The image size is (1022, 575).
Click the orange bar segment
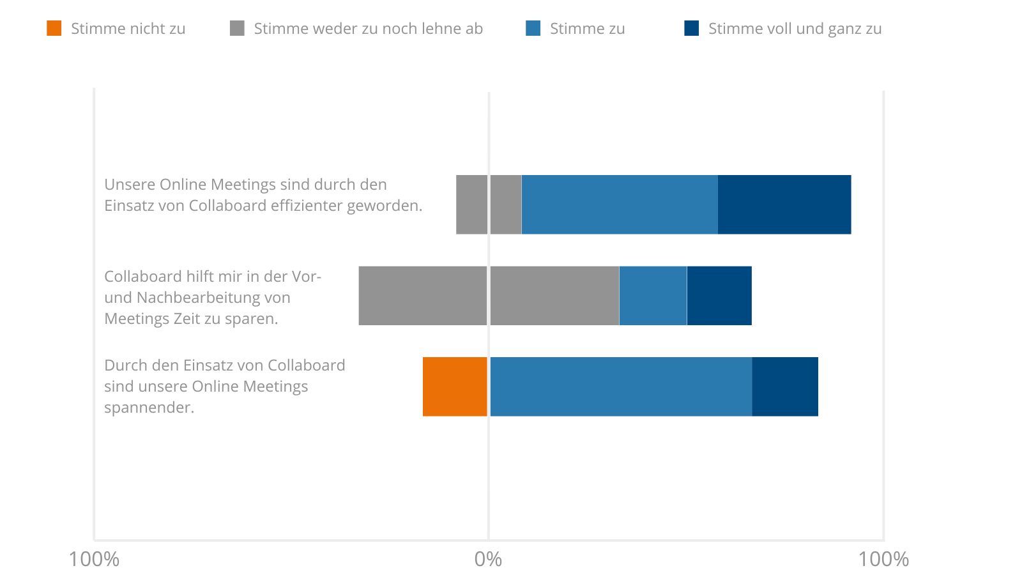pyautogui.click(x=455, y=387)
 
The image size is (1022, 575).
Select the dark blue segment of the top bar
pyautogui.click(x=784, y=204)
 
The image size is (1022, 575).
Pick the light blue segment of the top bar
pyautogui.click(x=619, y=204)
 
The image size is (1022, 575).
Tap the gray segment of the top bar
pyautogui.click(x=489, y=204)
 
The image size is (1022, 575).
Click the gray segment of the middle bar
pyautogui.click(x=489, y=296)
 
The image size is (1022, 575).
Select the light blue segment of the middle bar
pyautogui.click(x=653, y=296)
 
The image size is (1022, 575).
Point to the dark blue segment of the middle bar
pyautogui.click(x=719, y=296)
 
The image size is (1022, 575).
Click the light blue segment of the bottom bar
pyautogui.click(x=620, y=387)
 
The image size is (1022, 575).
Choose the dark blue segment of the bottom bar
pyautogui.click(x=784, y=387)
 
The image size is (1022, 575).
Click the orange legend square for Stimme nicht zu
pyautogui.click(x=54, y=28)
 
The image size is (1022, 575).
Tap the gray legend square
pyautogui.click(x=237, y=28)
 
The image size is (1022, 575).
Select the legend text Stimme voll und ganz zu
pyautogui.click(x=795, y=29)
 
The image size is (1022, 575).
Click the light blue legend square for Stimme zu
pyautogui.click(x=533, y=28)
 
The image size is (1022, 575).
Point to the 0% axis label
pyautogui.click(x=488, y=559)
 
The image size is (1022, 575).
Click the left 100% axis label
pyautogui.click(x=94, y=559)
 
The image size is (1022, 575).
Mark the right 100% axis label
pyautogui.click(x=883, y=559)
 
